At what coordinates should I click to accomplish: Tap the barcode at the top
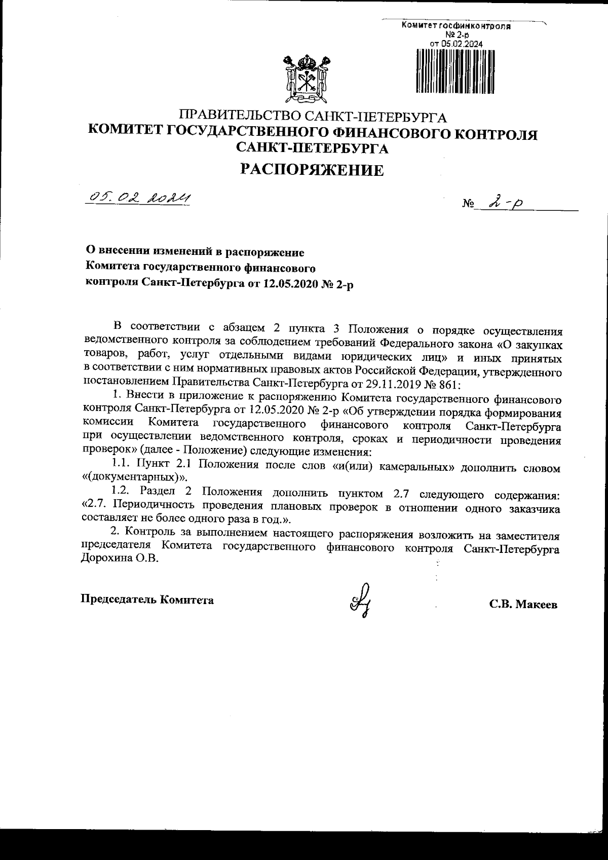pos(455,71)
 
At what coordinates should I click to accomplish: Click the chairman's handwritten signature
pos(361,599)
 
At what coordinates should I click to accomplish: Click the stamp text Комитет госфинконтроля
pos(455,26)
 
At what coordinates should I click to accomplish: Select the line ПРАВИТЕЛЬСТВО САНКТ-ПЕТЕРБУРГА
pos(314,117)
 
